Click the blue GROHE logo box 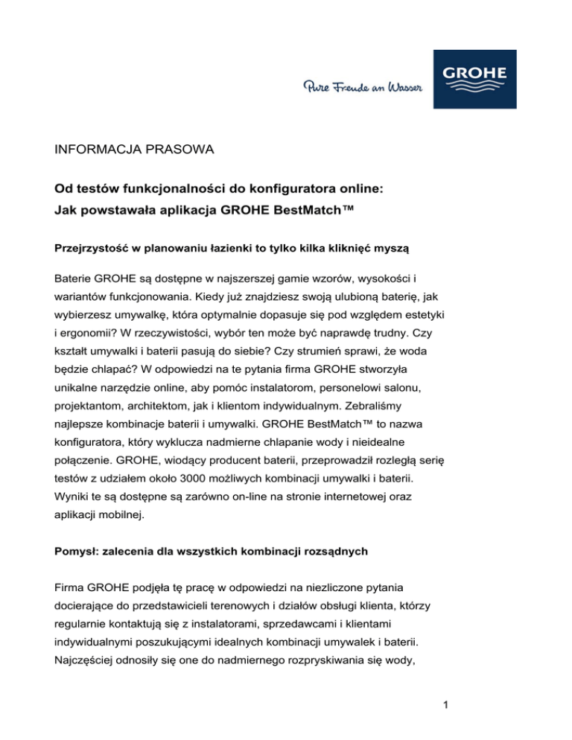(x=474, y=79)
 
